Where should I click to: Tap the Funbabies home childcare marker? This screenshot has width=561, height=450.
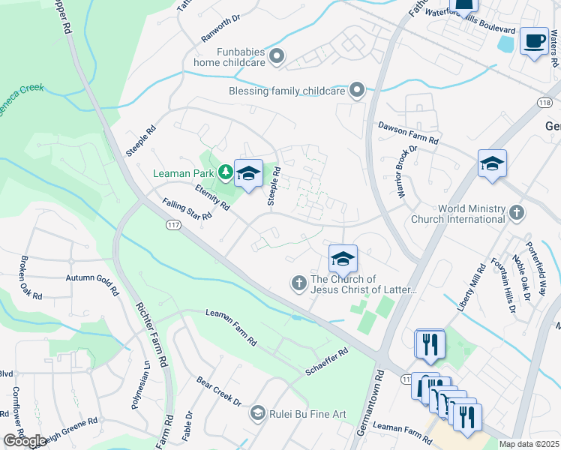pyautogui.click(x=277, y=56)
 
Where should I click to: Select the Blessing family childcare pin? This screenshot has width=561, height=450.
pyautogui.click(x=357, y=91)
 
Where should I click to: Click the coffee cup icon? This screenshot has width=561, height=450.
pyautogui.click(x=534, y=42)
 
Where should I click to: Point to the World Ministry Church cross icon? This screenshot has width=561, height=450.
pyautogui.click(x=516, y=213)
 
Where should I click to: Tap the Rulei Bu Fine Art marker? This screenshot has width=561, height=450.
pyautogui.click(x=258, y=412)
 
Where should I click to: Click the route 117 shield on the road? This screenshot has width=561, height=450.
pyautogui.click(x=172, y=224)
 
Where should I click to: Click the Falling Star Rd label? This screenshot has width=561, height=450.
pyautogui.click(x=187, y=209)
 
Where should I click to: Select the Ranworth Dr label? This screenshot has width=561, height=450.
pyautogui.click(x=220, y=29)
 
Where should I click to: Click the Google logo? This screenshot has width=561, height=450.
pyautogui.click(x=24, y=441)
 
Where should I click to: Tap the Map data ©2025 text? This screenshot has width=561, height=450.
pyautogui.click(x=529, y=444)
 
